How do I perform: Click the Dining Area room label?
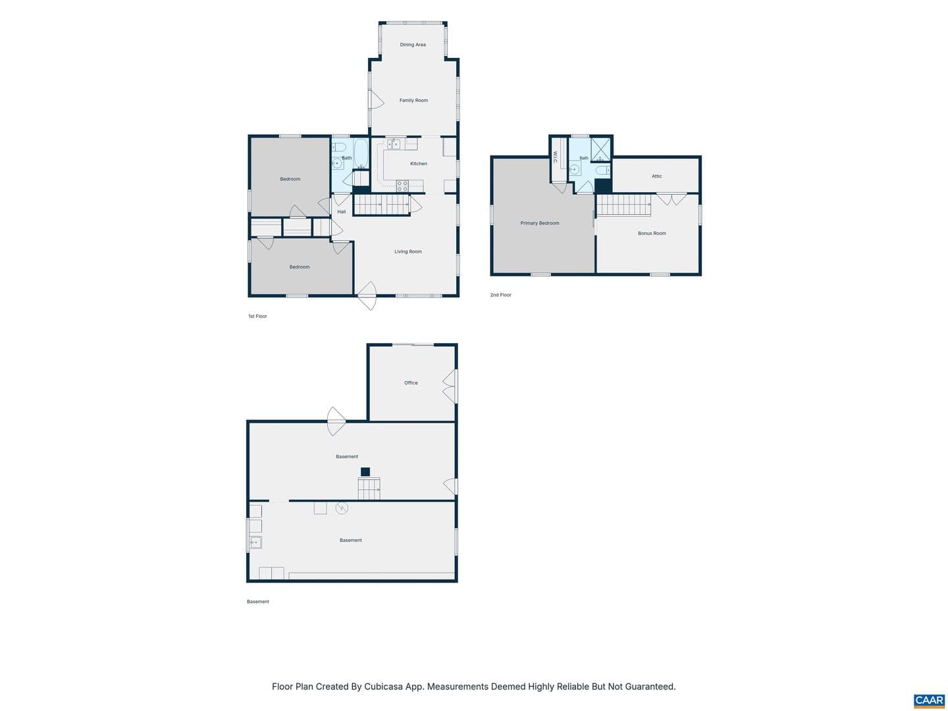click(413, 45)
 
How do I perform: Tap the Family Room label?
click(413, 100)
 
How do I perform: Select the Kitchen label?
click(418, 164)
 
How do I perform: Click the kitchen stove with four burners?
click(402, 186)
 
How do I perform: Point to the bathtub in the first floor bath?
click(361, 153)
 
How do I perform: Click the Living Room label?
click(408, 251)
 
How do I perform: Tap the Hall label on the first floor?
click(341, 211)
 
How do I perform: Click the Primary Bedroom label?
click(539, 223)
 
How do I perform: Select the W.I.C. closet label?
click(555, 157)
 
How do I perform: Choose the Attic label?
click(656, 176)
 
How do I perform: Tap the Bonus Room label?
click(652, 233)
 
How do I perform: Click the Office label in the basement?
click(411, 382)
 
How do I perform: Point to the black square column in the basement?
click(365, 472)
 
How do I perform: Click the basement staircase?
click(369, 488)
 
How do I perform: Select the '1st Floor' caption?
click(257, 316)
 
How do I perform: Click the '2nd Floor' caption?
click(500, 295)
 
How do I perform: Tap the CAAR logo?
click(930, 700)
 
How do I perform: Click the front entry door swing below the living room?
click(367, 296)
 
